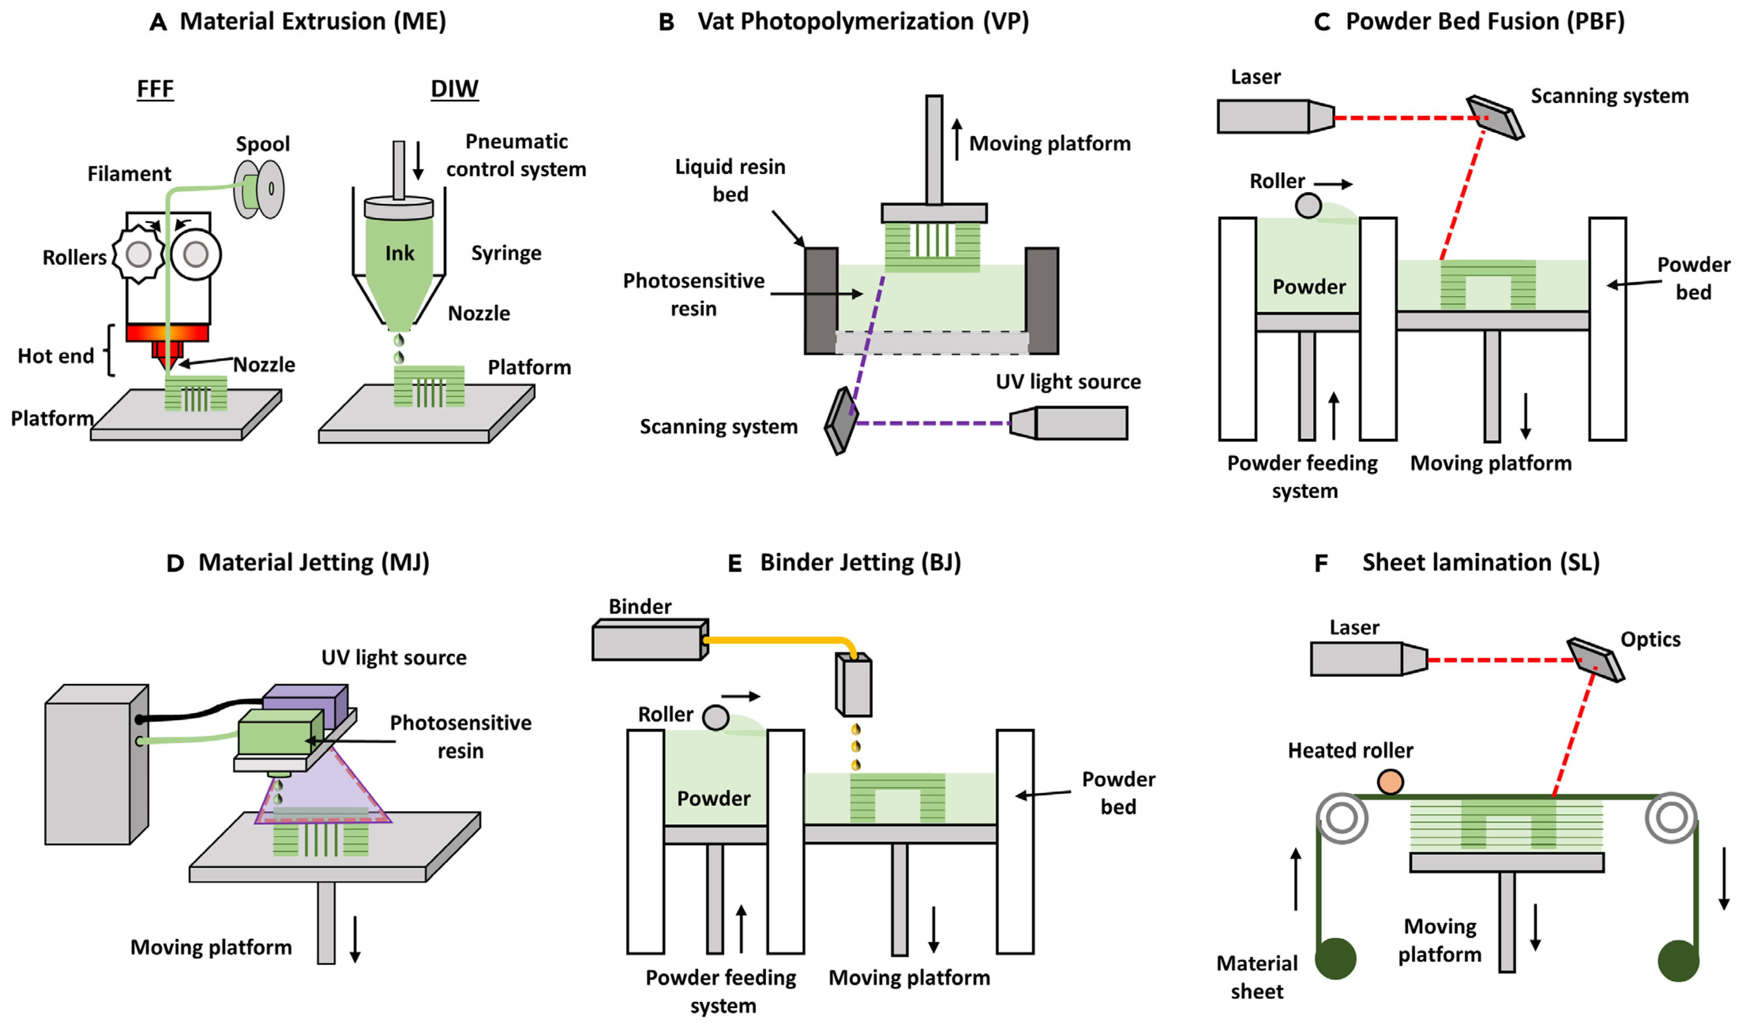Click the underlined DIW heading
pos(455,88)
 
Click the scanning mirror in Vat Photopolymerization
pos(841,421)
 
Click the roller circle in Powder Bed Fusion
pos(1308,206)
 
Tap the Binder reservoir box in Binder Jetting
pos(649,640)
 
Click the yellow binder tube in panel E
pos(775,640)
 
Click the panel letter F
pos(1321,564)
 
